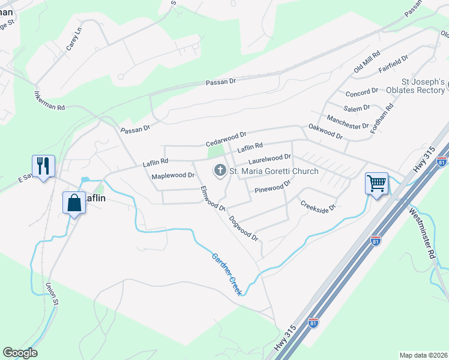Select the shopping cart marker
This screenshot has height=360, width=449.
point(377,183)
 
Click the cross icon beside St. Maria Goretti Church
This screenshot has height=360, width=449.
point(220,172)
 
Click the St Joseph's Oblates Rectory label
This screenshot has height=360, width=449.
point(423,86)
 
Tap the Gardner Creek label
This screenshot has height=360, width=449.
point(226,274)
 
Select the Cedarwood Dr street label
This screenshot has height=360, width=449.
point(226,140)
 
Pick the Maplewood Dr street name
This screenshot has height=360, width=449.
point(173,176)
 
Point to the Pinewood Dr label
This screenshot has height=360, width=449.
point(273,188)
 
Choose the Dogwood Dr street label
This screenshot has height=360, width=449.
point(244,229)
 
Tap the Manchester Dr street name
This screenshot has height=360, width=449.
point(348,122)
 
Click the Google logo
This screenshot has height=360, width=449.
point(20,353)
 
